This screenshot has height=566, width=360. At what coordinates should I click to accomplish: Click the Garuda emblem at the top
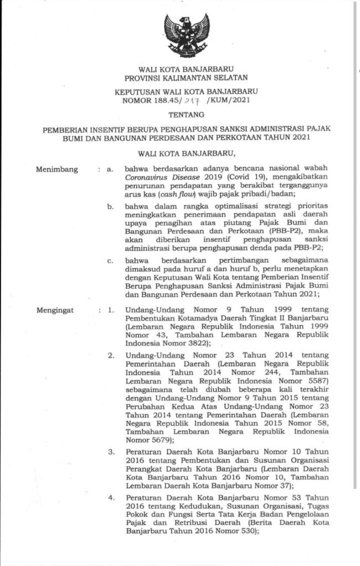point(186,33)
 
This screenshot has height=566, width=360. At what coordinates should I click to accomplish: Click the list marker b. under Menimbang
point(111,221)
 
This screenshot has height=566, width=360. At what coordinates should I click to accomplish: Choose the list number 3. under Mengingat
point(111,452)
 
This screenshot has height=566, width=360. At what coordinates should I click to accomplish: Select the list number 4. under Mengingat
point(111,497)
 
